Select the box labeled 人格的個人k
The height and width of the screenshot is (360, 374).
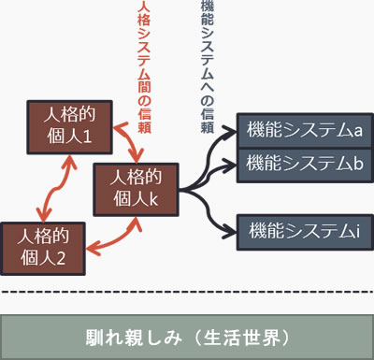click(136, 189)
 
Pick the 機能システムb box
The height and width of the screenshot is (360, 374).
click(301, 165)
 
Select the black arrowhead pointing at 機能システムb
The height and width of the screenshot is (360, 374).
click(232, 165)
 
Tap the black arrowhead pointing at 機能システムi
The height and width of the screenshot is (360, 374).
click(232, 227)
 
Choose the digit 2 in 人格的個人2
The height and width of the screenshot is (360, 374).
click(65, 258)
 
